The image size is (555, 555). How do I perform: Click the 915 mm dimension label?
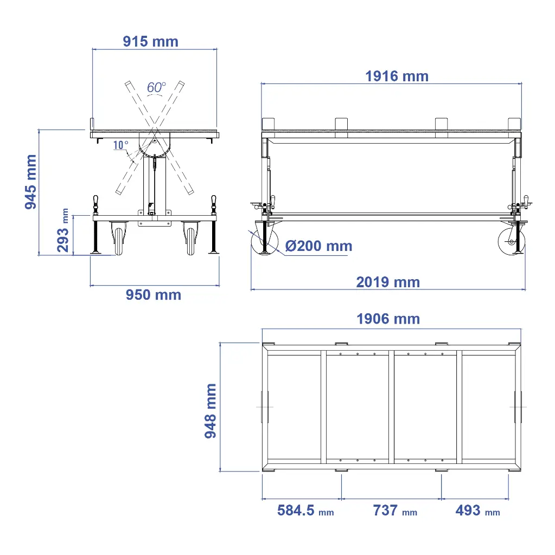(x=150, y=41)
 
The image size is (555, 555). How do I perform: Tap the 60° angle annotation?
(x=156, y=87)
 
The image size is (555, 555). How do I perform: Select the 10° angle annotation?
(x=120, y=145)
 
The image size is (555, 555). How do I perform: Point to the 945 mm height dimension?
(x=30, y=182)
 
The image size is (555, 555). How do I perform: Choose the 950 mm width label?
(x=154, y=295)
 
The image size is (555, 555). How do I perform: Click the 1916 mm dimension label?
(x=397, y=76)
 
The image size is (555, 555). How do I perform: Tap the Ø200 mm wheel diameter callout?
(x=318, y=246)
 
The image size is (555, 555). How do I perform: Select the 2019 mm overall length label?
(x=388, y=282)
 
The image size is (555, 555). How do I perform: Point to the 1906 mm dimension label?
(x=388, y=319)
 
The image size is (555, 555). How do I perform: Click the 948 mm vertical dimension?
(x=210, y=411)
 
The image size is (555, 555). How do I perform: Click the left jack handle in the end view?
(x=96, y=203)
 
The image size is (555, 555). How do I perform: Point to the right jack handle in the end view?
(x=213, y=203)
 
